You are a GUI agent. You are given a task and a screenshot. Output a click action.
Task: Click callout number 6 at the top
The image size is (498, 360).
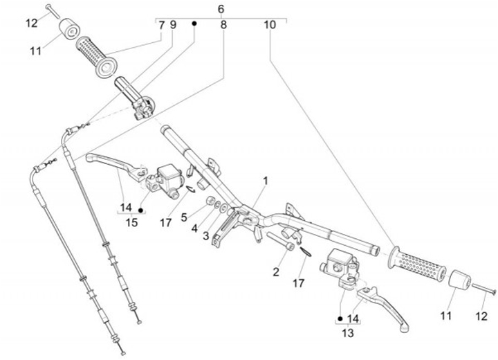coord(221,9)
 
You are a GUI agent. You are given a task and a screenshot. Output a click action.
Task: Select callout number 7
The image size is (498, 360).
coord(161,25)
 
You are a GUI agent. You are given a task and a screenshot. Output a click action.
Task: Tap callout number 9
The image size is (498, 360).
coord(173,25)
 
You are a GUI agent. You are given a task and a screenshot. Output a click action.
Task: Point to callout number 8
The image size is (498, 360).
coord(223,25)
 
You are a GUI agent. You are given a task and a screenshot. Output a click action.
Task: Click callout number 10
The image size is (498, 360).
coord(269,25)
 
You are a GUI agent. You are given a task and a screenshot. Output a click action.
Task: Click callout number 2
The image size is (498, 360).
coord(275,272)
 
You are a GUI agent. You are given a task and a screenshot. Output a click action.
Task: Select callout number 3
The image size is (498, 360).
coord(205,236)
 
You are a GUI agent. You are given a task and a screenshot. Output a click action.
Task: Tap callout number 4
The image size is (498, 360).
coord(194,228)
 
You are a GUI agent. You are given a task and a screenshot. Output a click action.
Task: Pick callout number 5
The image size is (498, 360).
coord(183,217)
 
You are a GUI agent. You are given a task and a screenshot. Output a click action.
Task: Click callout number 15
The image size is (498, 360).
coord(131,222)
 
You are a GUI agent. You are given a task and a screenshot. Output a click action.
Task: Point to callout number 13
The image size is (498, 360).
coord(349,332)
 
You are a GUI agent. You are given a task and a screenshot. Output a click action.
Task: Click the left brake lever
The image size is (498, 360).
coord(114,163)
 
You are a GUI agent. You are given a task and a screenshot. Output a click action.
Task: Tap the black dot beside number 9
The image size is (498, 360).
coord(194,24)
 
